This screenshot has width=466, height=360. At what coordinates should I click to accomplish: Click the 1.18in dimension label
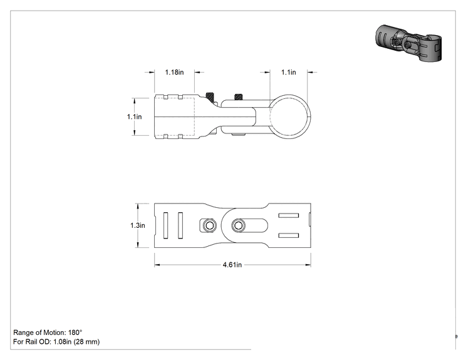pyautogui.click(x=175, y=72)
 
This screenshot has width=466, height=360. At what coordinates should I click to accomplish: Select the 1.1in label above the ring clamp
pyautogui.click(x=289, y=72)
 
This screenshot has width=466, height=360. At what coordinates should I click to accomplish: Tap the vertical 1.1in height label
pyautogui.click(x=134, y=116)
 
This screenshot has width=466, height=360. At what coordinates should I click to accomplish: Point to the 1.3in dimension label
pyautogui.click(x=138, y=225)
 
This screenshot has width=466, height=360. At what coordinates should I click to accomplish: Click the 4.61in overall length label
pyautogui.click(x=232, y=265)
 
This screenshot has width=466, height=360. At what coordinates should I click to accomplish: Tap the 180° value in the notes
pyautogui.click(x=75, y=332)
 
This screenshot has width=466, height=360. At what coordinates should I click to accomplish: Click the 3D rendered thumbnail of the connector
pyautogui.click(x=408, y=43)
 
